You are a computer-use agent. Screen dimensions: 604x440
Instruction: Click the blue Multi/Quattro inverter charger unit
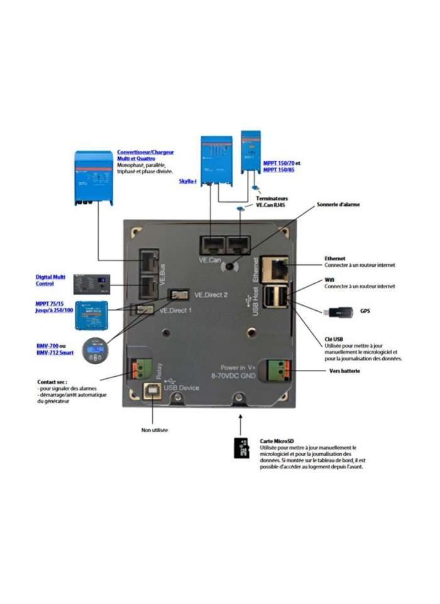[94, 177]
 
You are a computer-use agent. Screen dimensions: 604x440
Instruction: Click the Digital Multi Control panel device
[92, 284]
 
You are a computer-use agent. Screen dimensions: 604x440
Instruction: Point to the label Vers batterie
[344, 371]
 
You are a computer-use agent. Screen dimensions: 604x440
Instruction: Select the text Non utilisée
[155, 430]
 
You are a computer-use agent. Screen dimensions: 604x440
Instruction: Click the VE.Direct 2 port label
[211, 294]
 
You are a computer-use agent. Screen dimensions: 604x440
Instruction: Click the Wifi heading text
[329, 279]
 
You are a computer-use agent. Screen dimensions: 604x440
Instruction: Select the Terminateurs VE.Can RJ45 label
[273, 201]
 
